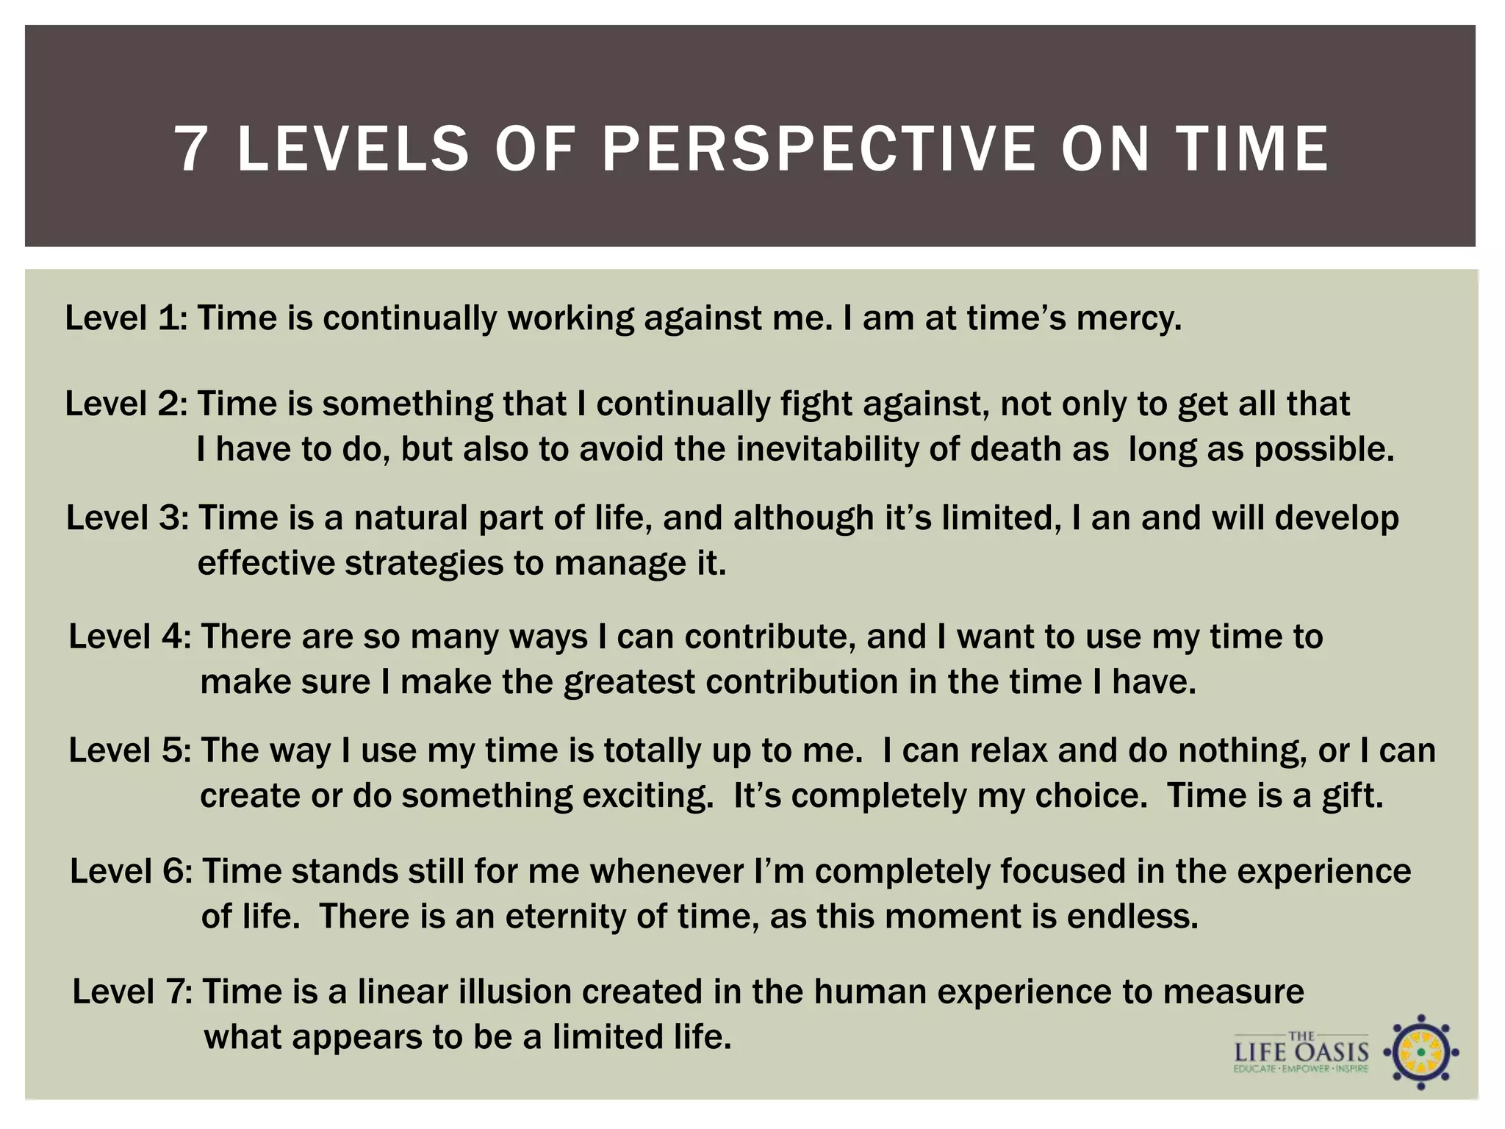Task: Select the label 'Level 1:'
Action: [126, 318]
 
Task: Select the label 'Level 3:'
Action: [127, 517]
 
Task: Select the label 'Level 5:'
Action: [129, 750]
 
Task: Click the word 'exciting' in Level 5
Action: [647, 796]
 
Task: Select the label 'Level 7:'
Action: [132, 992]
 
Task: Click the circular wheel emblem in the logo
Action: [1420, 1053]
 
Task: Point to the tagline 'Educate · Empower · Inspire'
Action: [1301, 1069]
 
